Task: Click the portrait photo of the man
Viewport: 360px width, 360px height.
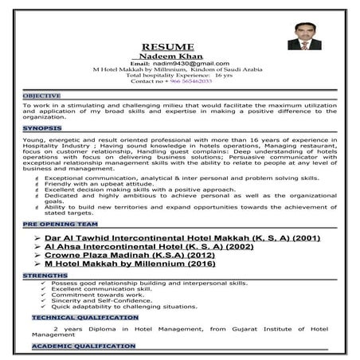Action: (304, 36)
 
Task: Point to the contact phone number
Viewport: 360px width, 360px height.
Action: (171, 81)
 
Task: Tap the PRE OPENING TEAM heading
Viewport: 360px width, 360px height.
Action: (53, 225)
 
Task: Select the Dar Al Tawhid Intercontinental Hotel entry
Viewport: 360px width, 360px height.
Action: (172, 238)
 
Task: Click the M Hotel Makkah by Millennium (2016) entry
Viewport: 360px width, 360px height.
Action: (130, 264)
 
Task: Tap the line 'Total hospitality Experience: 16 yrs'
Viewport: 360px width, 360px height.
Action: (172, 75)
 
